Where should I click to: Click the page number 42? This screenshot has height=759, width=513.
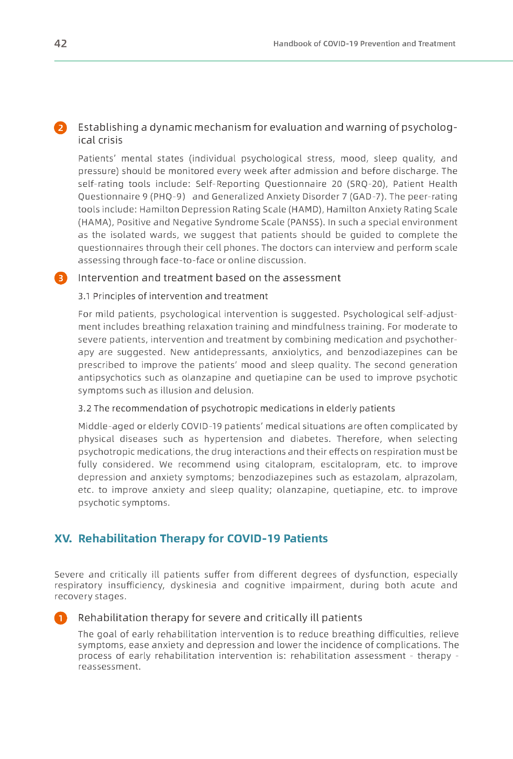[x=61, y=44]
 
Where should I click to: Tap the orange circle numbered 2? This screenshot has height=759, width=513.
[x=61, y=128]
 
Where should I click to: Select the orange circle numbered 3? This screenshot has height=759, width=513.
[x=61, y=278]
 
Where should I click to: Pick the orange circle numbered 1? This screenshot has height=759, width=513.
[x=61, y=618]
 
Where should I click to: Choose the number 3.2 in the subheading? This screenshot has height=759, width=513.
[x=85, y=408]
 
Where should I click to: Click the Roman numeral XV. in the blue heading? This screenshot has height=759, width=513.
[x=63, y=539]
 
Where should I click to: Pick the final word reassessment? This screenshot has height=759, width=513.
[x=109, y=666]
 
